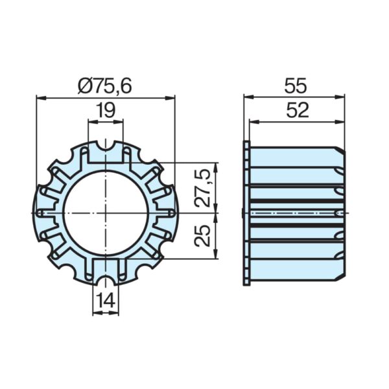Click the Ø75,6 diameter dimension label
pos(104,86)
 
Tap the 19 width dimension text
pos(106,110)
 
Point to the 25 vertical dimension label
pos(202,235)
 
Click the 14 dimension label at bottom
pos(106,301)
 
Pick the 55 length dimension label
pos(296,86)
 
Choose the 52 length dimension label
pos(298,110)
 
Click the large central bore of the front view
pos(107,213)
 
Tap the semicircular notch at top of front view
pos(106,147)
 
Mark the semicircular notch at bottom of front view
pos(106,280)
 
